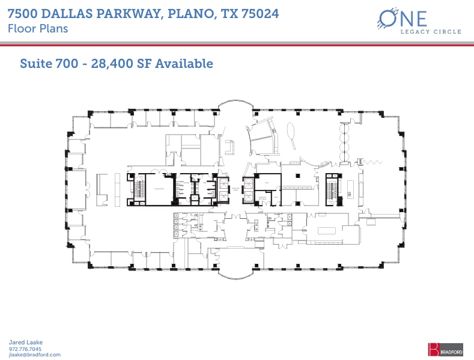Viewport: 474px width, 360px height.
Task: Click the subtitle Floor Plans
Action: tap(37, 28)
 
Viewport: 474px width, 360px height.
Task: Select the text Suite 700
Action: tap(46, 63)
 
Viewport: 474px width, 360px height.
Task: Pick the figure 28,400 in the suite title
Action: tap(110, 63)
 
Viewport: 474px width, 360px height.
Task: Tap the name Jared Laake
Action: tap(26, 343)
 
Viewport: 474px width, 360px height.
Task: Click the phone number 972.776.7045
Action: tap(25, 349)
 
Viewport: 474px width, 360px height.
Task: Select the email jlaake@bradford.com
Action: tap(34, 355)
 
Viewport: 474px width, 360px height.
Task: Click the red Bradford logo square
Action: tap(433, 349)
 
